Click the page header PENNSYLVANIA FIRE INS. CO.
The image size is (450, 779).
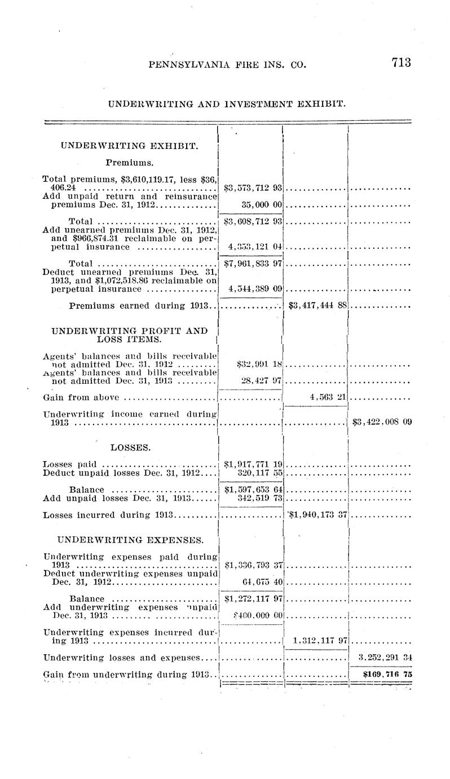(x=227, y=64)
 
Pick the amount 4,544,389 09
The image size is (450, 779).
(x=254, y=289)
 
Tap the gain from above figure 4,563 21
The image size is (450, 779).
(x=328, y=397)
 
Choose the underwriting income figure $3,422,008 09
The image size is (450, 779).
(x=381, y=421)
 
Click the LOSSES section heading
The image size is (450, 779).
(x=130, y=448)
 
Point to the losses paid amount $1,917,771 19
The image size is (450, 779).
(x=253, y=464)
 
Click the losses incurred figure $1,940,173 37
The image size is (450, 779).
(x=317, y=515)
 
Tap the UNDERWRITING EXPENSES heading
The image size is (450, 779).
(x=130, y=540)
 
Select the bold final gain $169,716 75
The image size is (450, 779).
(x=381, y=674)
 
